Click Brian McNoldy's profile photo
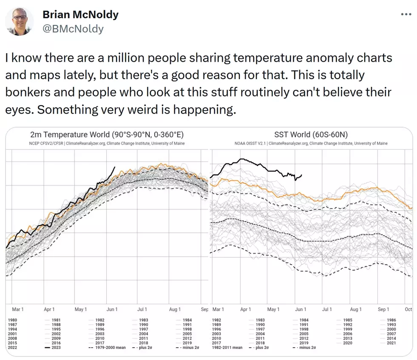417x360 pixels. tap(20, 22)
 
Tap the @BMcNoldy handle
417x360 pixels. tap(73, 29)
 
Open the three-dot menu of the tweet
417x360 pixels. tap(406, 14)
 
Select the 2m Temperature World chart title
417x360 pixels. tap(107, 134)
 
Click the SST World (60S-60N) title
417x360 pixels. tap(311, 134)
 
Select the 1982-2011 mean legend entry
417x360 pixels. tap(227, 348)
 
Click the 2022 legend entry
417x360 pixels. tap(12, 348)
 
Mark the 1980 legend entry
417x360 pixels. tap(12, 320)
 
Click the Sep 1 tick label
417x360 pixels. tap(383, 309)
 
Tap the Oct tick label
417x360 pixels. tap(408, 309)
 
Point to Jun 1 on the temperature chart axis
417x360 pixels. tap(112, 309)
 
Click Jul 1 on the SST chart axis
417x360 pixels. tap(327, 309)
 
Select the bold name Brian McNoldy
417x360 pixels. tap(80, 14)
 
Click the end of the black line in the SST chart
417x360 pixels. tap(302, 175)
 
